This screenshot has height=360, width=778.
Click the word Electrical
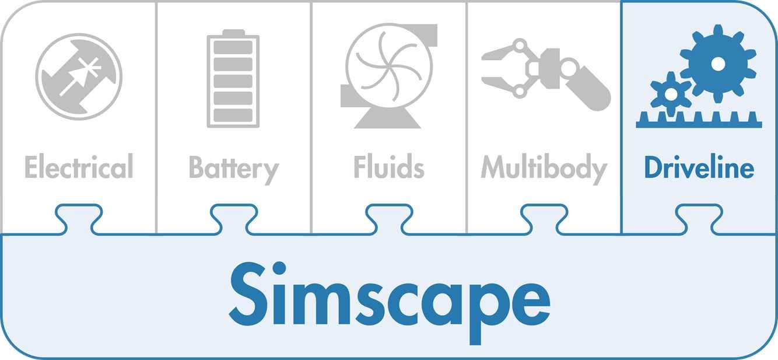[79, 166]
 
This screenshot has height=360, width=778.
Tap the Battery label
[234, 170]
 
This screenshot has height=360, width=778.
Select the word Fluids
[388, 166]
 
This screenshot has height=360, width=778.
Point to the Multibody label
[544, 169]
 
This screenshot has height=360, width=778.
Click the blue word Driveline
[699, 167]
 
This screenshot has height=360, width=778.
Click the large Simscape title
[390, 302]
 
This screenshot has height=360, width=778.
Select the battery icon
[233, 79]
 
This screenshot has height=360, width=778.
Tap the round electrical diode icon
[79, 77]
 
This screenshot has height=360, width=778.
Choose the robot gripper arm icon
[546, 74]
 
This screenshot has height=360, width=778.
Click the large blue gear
[717, 64]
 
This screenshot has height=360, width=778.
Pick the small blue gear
[670, 93]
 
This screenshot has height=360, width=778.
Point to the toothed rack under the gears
[699, 120]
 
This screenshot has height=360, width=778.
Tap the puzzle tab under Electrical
[79, 219]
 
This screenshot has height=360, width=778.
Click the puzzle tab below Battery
[234, 219]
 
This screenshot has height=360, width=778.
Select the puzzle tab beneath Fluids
[389, 219]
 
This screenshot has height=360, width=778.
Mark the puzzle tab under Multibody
[544, 219]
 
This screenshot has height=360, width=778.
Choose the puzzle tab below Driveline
[699, 219]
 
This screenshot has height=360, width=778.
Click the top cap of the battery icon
[233, 32]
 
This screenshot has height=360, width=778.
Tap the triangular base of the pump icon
[388, 118]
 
